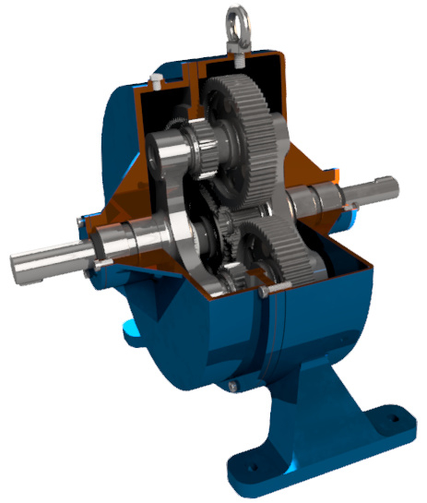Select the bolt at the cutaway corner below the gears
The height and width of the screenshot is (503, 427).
(264, 293)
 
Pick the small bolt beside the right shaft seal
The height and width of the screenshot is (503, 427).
(350, 219)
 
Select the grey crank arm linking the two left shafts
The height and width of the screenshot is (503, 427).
(171, 198)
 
